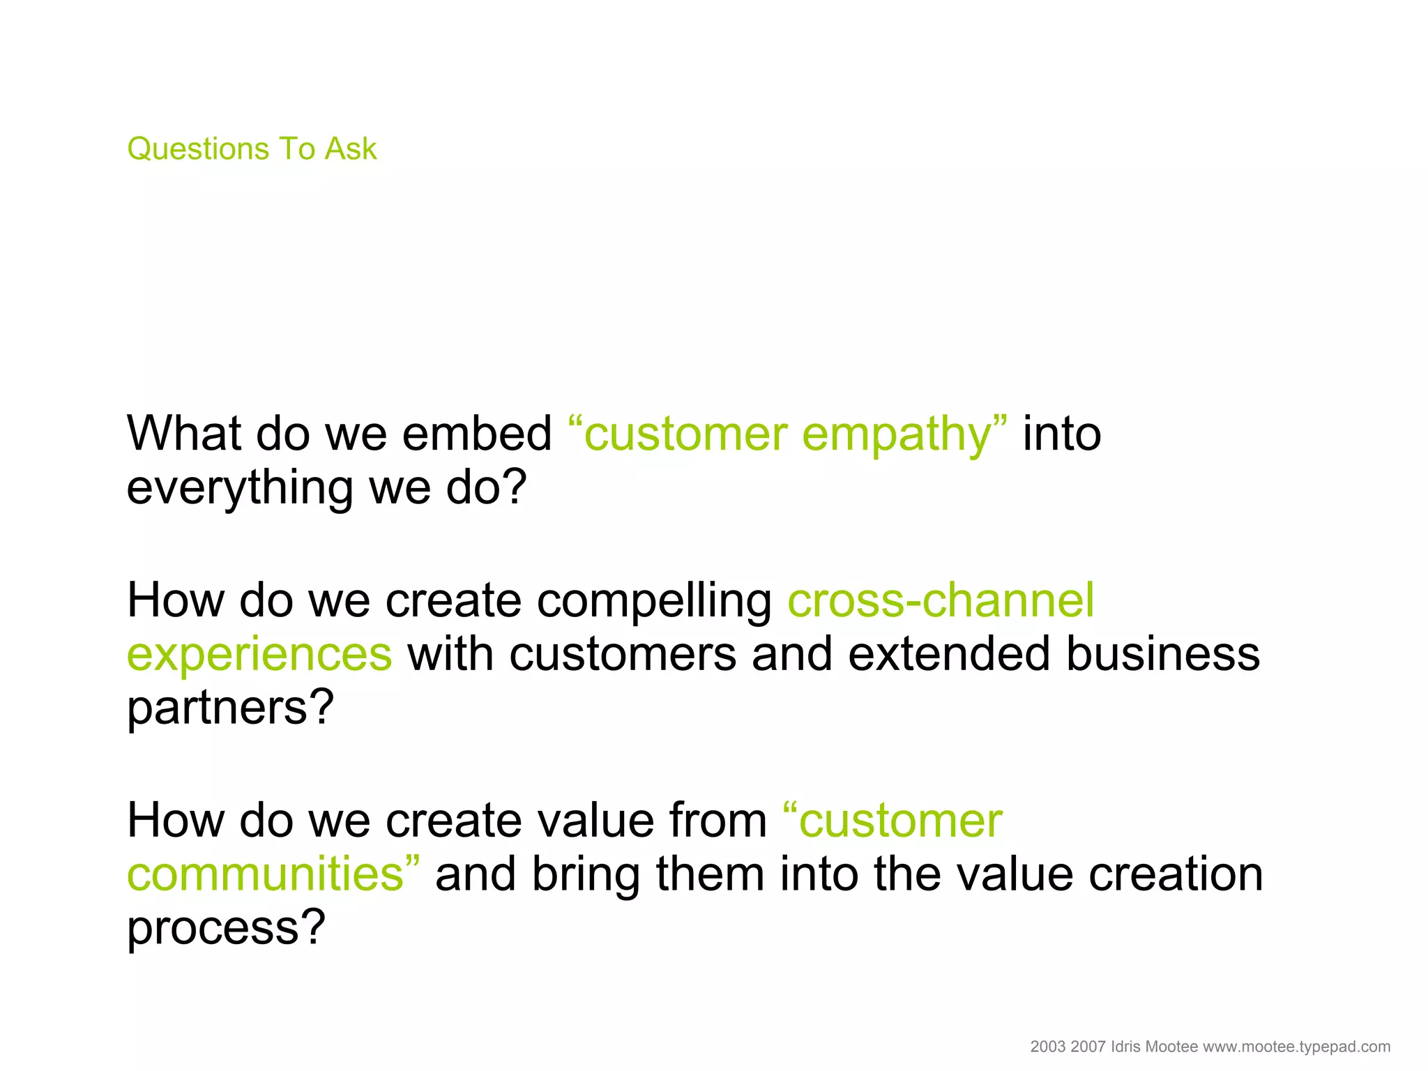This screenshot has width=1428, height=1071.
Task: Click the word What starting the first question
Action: pos(183,433)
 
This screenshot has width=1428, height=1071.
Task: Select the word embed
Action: pos(477,433)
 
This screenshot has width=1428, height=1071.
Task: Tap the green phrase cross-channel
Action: pos(941,600)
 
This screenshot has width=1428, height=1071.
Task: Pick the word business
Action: pos(1163,654)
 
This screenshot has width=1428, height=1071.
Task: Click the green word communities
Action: pos(266,874)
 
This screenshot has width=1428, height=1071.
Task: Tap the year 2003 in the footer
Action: pos(1048,1047)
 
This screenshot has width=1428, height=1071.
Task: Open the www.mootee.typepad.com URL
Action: pos(1297,1047)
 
